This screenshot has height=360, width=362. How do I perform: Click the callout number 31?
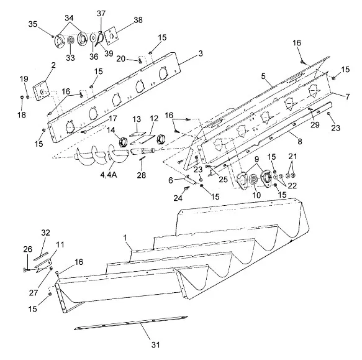pos(155,344)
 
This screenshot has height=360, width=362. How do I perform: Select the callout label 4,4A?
pos(109,175)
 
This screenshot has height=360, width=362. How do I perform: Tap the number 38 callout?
pos(138,20)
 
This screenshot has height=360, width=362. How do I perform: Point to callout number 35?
pos(32,24)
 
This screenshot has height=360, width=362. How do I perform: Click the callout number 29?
pos(315,124)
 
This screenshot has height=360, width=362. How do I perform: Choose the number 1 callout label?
pos(125,238)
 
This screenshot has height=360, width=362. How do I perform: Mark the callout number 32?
pos(45,233)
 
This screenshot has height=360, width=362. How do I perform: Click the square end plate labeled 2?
pos(42,92)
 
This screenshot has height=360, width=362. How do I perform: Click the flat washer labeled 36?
pos(93,38)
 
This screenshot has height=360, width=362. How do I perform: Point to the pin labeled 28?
pos(142,160)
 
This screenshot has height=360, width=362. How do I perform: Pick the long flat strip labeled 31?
pos(130,322)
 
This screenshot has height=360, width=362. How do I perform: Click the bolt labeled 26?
pos(27,270)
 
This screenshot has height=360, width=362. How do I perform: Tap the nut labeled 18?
pos(22,97)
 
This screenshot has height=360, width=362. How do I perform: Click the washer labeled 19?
pos(27,97)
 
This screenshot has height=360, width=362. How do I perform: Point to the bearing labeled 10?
pos(253,179)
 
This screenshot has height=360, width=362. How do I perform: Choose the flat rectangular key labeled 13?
pos(138,134)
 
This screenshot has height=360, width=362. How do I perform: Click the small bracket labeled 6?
pos(191,180)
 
